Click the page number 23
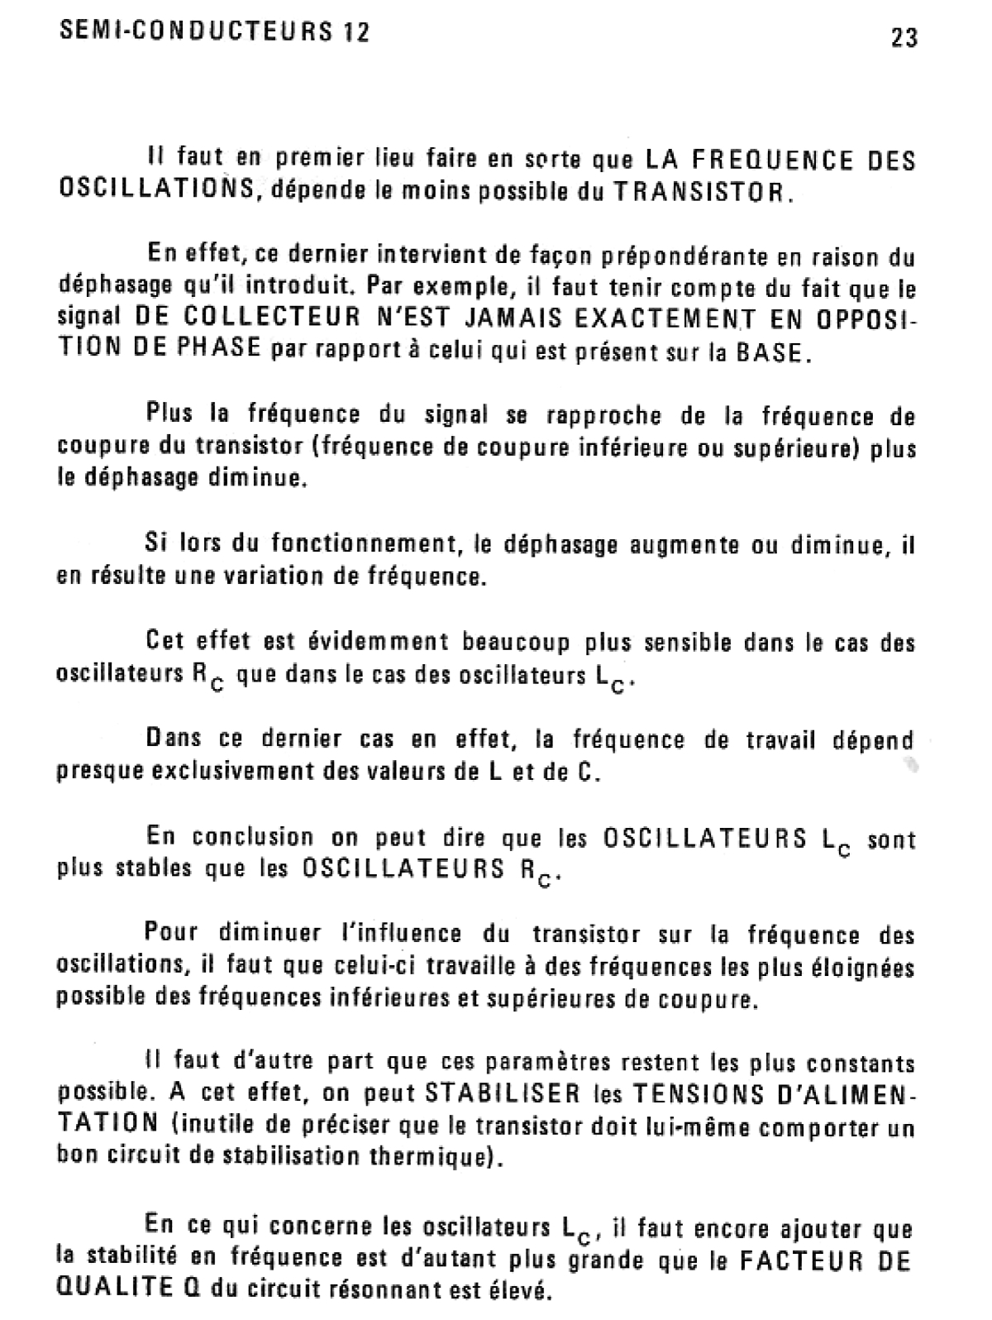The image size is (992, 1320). tap(904, 37)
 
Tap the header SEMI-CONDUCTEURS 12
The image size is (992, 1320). tap(214, 32)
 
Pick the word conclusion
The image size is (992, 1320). tap(253, 837)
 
